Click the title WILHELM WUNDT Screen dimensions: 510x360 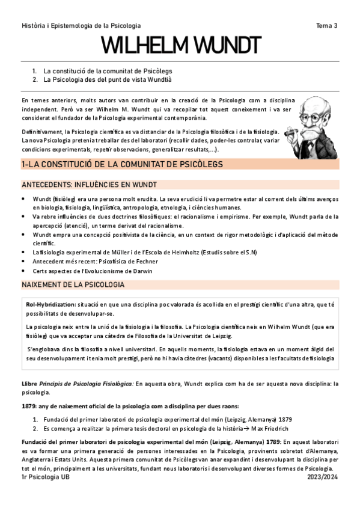point(180,46)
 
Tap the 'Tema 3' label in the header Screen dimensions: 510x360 point(327,25)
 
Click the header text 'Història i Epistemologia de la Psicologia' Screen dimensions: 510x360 point(81,25)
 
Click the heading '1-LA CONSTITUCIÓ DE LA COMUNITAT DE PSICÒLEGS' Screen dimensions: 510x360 point(122,164)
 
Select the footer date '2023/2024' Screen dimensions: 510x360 point(321,476)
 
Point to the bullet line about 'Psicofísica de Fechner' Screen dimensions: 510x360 point(96,262)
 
